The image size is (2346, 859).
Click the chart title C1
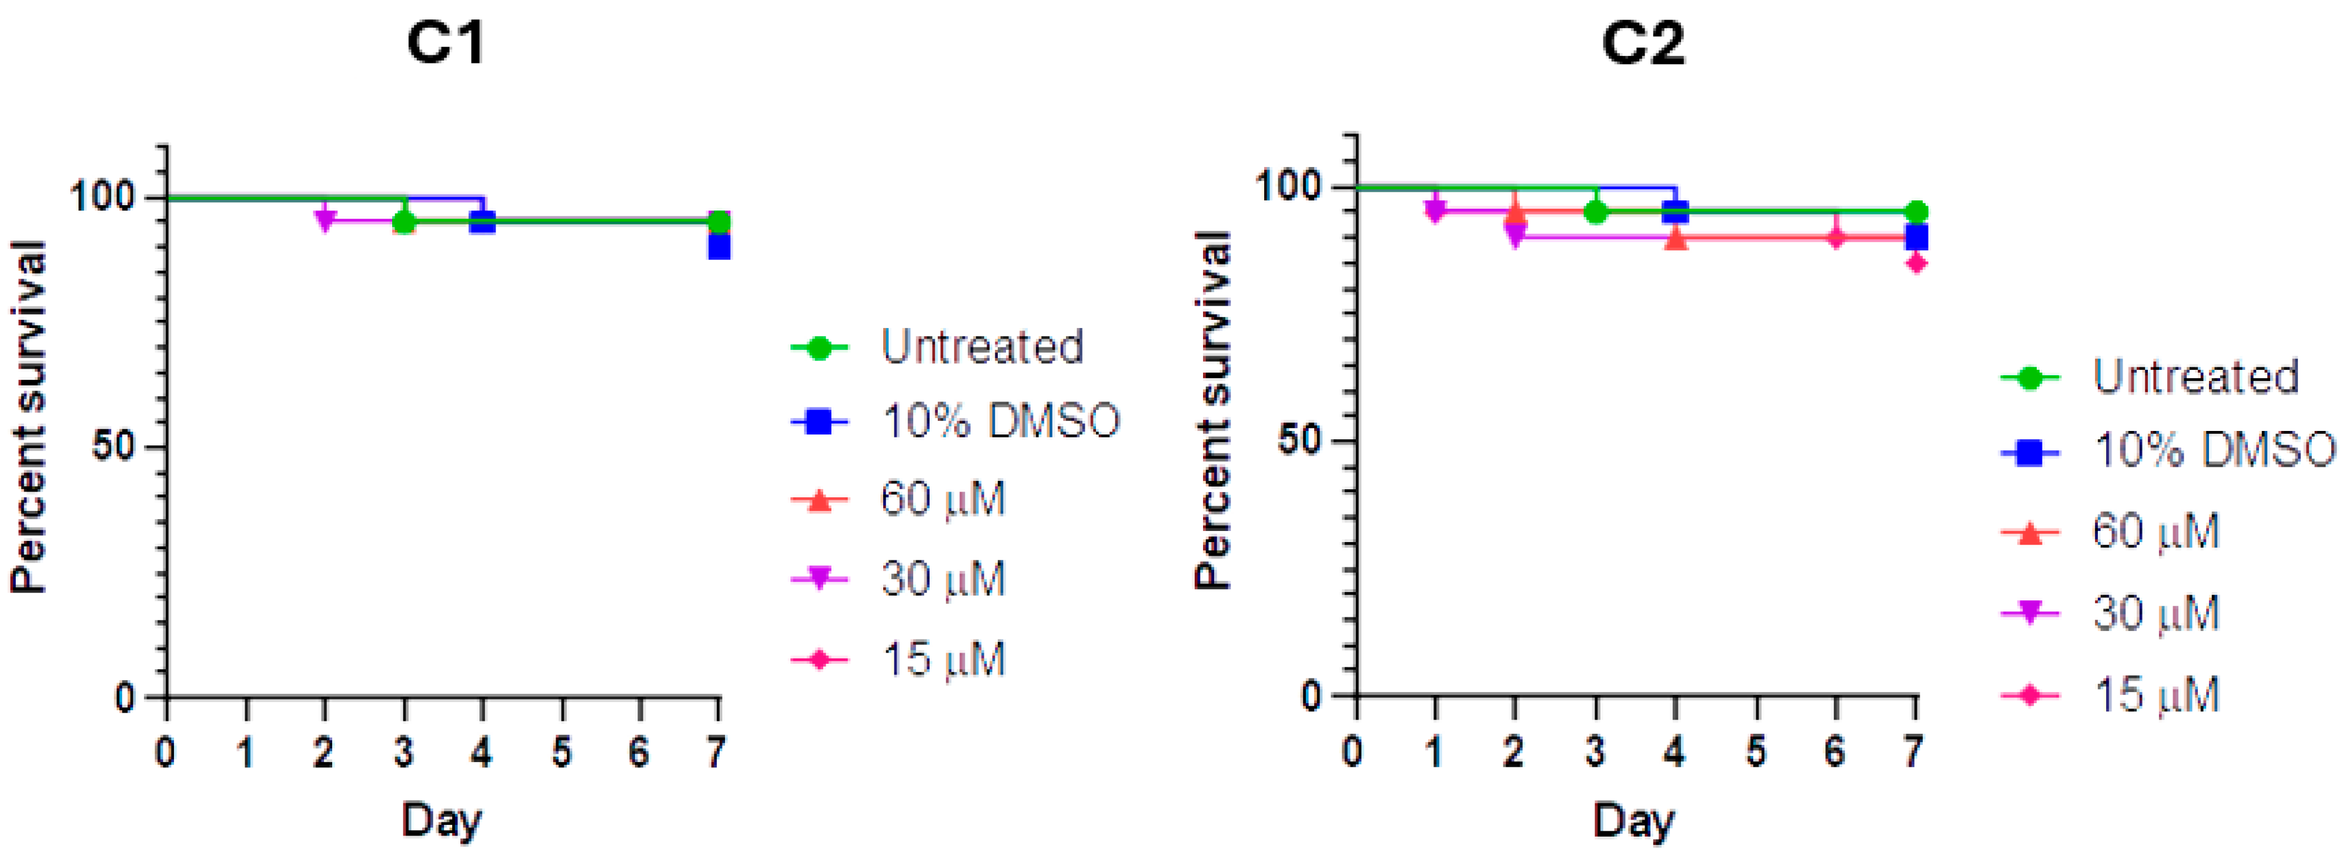pos(445,43)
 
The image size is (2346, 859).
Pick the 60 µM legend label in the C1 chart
pos(943,499)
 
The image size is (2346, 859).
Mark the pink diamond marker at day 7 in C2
pos(1916,263)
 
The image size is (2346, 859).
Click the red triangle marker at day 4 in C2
pos(1676,239)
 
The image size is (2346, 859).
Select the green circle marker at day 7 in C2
pos(1916,211)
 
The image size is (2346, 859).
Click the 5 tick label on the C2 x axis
pos(1755,751)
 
